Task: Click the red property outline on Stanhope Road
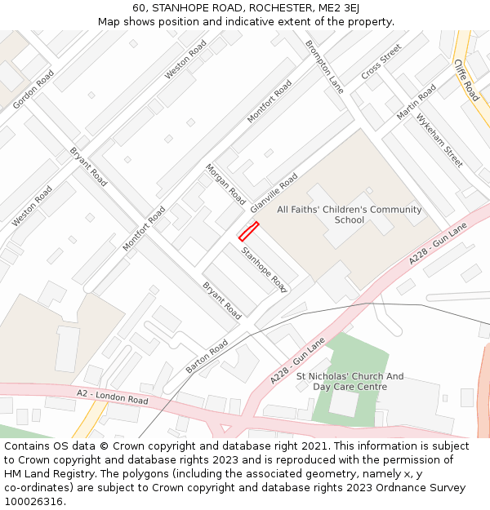[x=248, y=231]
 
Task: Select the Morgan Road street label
[x=225, y=184]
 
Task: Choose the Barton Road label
[x=207, y=357]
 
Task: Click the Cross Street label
[x=381, y=61]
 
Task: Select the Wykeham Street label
[x=439, y=140]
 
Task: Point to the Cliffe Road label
[x=466, y=80]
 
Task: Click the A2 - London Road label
[x=113, y=397]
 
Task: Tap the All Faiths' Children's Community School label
[x=350, y=215]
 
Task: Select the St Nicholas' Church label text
[x=350, y=376]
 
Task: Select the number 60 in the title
[x=140, y=8]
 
